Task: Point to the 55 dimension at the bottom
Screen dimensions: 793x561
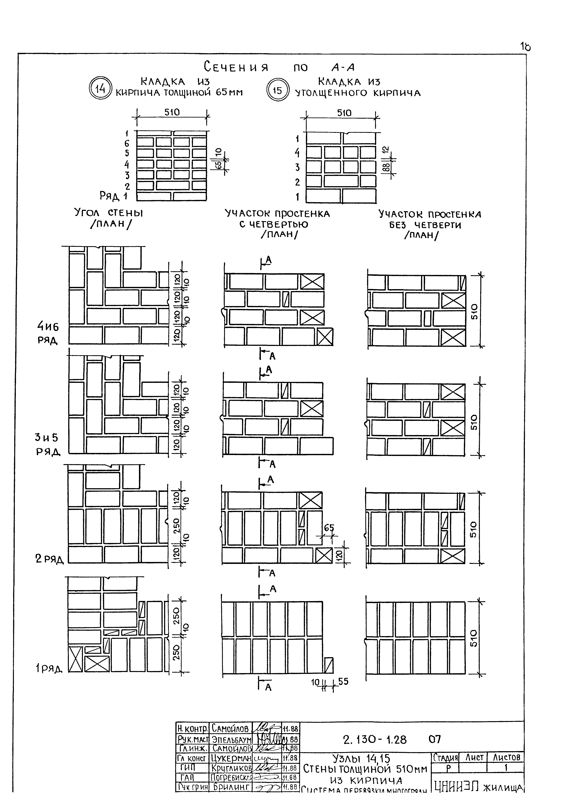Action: tap(343, 681)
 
